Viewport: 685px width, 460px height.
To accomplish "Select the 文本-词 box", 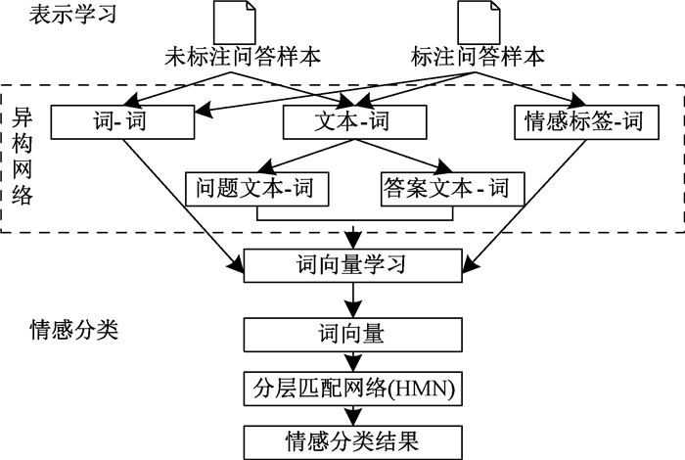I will click(354, 122).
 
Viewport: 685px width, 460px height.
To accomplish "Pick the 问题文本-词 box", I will click(256, 187).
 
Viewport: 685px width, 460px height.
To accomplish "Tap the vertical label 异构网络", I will click(24, 156).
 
